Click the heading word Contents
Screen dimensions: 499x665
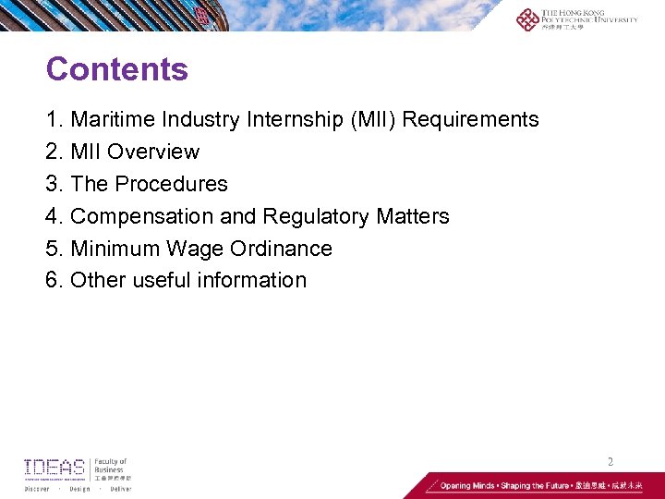click(116, 69)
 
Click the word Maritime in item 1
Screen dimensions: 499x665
click(111, 119)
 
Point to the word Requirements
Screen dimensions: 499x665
click(471, 119)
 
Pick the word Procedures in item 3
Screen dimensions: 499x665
click(171, 184)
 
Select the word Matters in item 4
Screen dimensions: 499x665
click(413, 216)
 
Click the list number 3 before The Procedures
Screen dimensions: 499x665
click(52, 184)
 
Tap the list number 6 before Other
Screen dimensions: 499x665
click(52, 280)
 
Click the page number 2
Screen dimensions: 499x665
click(610, 460)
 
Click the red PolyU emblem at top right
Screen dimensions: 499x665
click(527, 19)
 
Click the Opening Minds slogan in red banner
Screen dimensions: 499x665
click(490, 485)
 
